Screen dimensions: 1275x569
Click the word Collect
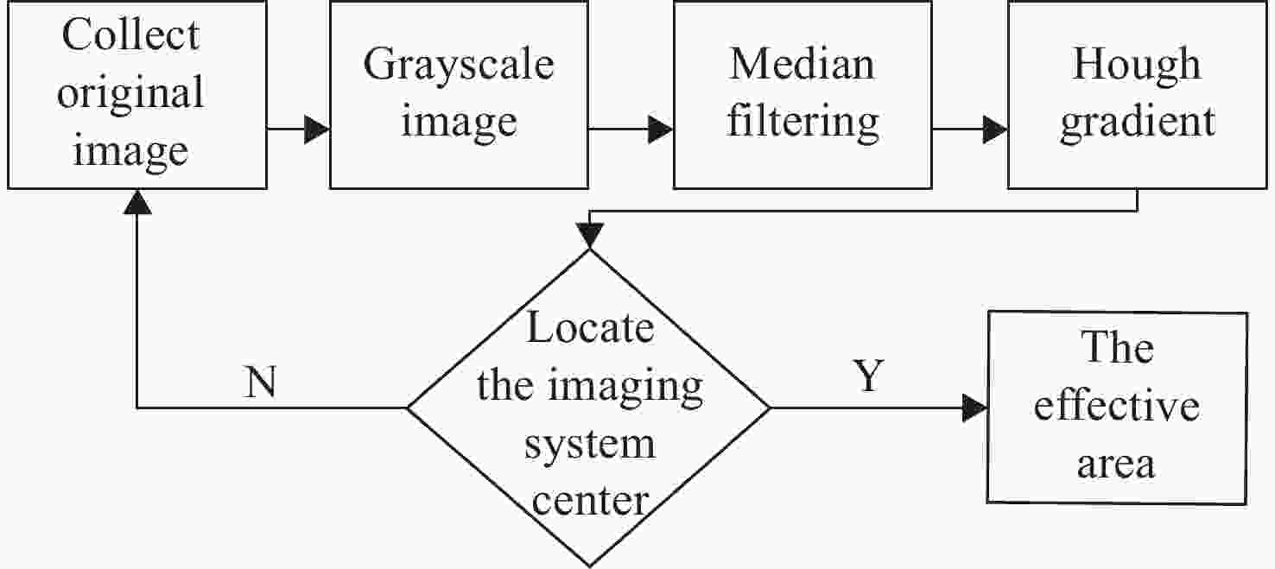click(130, 35)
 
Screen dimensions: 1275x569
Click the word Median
click(802, 64)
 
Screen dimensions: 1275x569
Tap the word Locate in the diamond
click(590, 328)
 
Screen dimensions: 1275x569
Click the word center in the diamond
click(590, 502)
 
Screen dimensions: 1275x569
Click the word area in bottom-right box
click(1116, 465)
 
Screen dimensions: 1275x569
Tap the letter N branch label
click(260, 382)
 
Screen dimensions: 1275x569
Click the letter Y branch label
click(869, 376)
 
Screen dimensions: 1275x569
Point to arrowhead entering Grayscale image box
click(317, 130)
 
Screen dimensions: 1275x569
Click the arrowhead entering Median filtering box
click(661, 130)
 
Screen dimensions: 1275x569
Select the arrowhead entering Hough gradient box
click(995, 130)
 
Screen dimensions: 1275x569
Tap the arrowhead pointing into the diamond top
click(590, 236)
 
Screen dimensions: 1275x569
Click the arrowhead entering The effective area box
click(975, 408)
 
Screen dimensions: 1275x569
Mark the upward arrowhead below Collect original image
click(137, 202)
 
